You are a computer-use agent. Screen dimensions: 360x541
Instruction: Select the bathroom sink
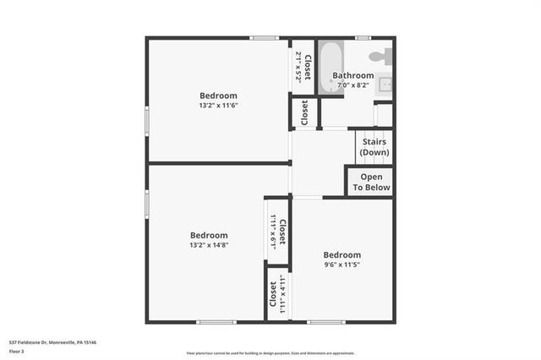384,85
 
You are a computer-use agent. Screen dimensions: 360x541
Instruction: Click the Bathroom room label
352,75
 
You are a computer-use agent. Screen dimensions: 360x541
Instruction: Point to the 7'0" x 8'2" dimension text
352,85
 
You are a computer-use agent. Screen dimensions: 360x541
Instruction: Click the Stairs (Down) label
374,147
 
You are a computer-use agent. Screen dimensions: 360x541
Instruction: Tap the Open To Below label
371,182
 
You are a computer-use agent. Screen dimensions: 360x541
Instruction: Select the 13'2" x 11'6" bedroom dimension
218,106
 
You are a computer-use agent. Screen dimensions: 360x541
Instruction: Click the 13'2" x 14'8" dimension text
210,245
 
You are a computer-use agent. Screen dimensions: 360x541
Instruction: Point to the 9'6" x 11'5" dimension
342,265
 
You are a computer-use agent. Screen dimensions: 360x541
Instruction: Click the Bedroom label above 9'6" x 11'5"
342,254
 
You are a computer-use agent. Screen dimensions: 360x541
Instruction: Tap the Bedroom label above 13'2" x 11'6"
218,95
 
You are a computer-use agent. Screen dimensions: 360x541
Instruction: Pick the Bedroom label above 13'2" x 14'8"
209,235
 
